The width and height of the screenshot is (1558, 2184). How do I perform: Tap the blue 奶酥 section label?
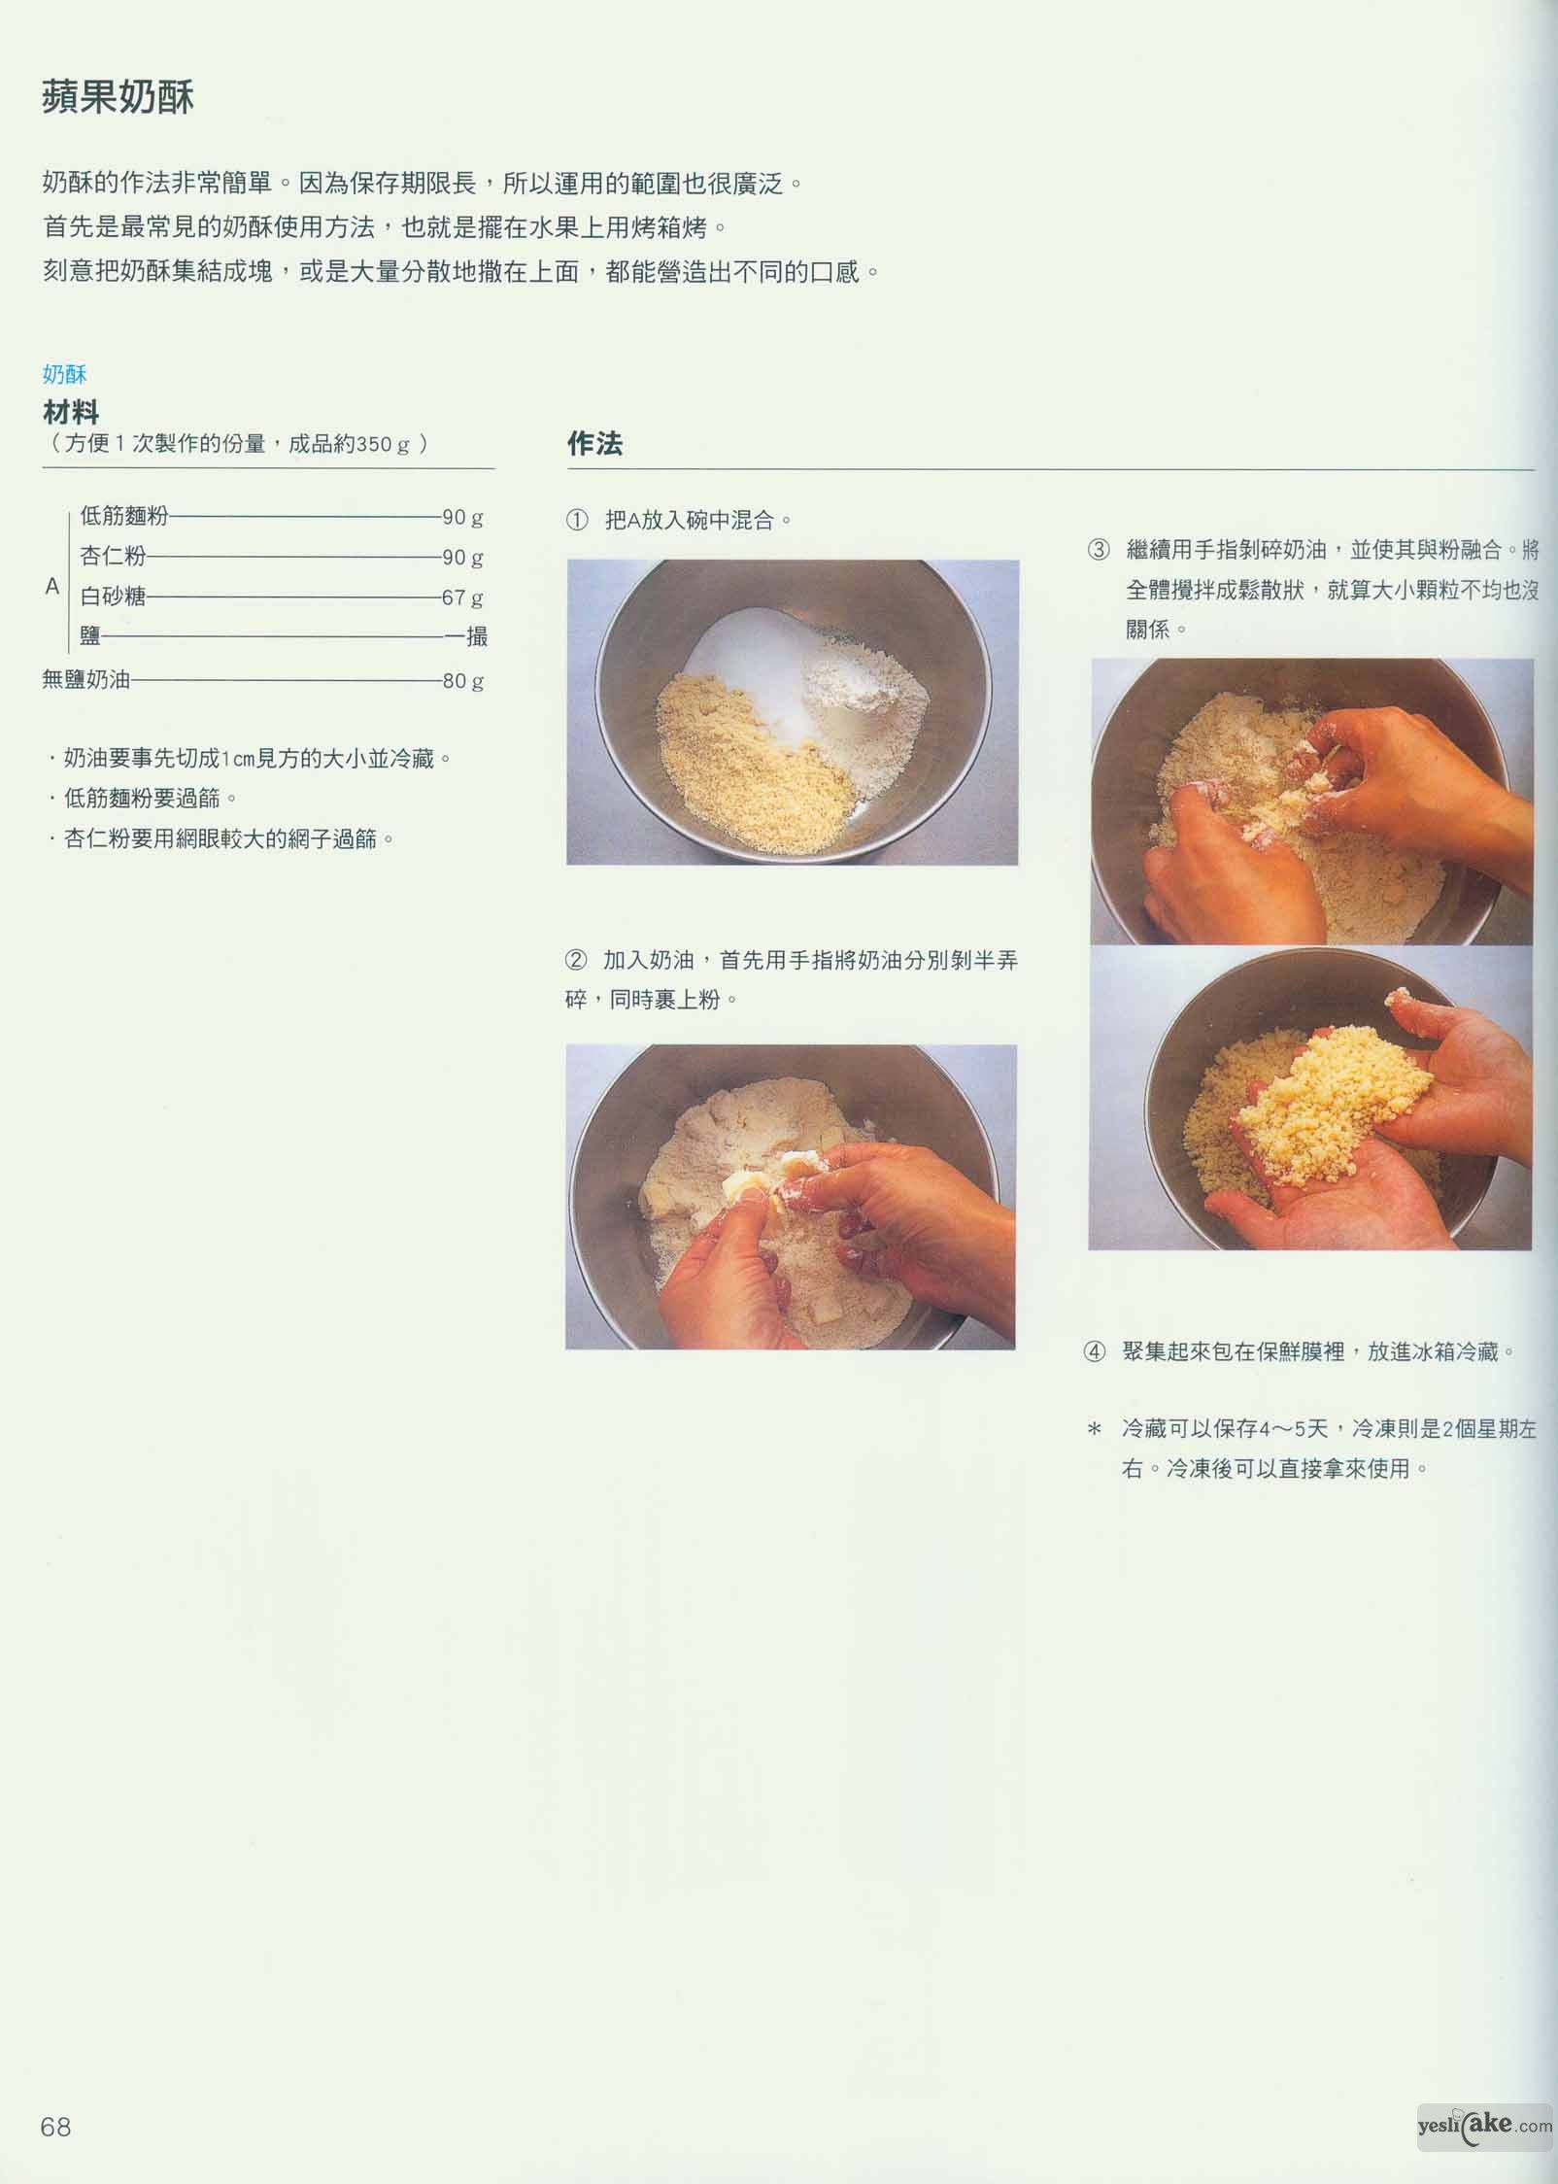tap(65, 375)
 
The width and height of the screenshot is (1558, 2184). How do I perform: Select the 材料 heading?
tap(71, 413)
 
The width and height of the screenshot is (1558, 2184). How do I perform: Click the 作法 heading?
tap(594, 445)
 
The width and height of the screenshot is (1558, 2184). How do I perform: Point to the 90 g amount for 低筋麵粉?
tap(462, 517)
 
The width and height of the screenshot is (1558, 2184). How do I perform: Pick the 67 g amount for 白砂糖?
tap(462, 597)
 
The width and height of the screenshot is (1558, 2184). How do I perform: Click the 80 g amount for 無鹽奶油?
tap(462, 681)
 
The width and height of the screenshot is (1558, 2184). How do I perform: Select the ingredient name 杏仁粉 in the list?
tap(114, 557)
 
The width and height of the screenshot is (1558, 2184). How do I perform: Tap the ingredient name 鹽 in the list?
tap(90, 637)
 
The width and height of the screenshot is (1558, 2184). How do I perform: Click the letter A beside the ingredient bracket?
tap(52, 587)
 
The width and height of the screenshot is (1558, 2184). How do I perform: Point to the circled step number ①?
tap(577, 521)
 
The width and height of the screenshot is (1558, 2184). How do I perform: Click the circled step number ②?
tap(576, 961)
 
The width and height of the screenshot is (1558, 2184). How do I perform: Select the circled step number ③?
tap(1098, 550)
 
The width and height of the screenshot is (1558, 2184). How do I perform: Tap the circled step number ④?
tap(1095, 1352)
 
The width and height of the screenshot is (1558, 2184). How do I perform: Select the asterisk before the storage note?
tap(1095, 1430)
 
